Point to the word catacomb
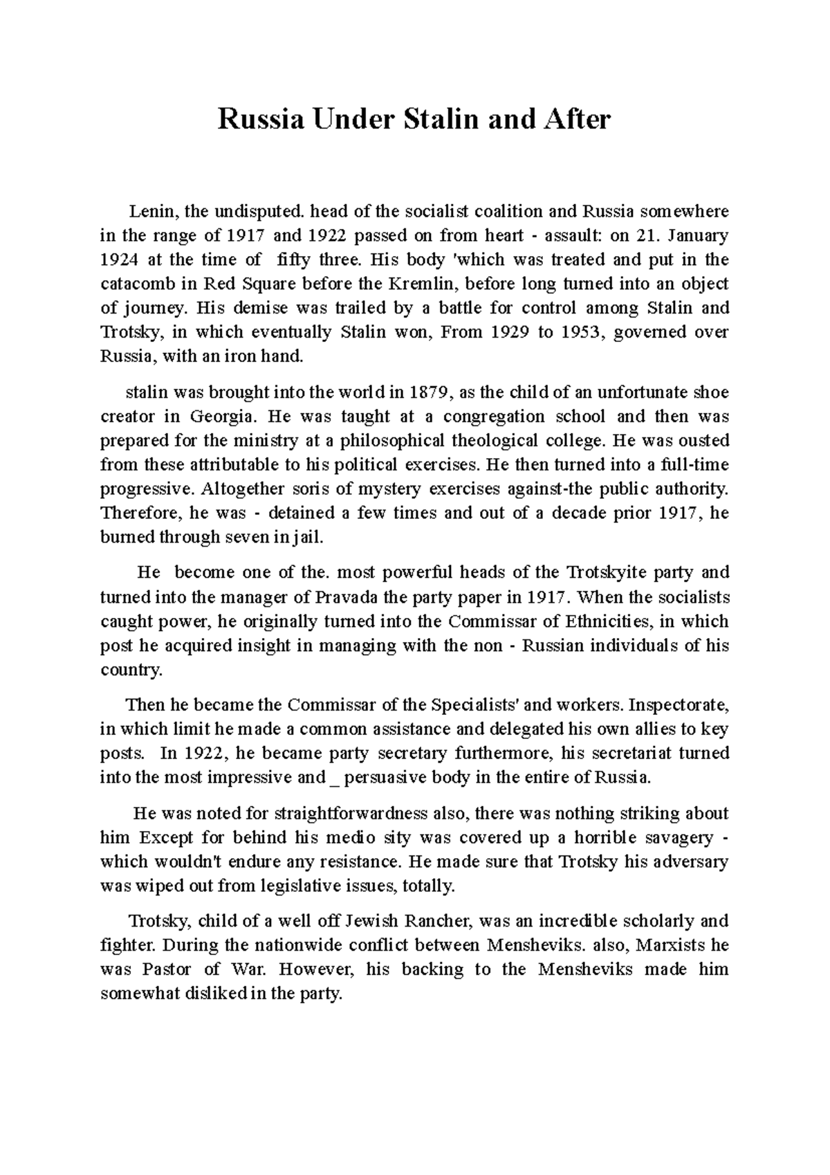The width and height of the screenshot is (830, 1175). [134, 284]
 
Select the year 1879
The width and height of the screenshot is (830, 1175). [431, 392]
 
